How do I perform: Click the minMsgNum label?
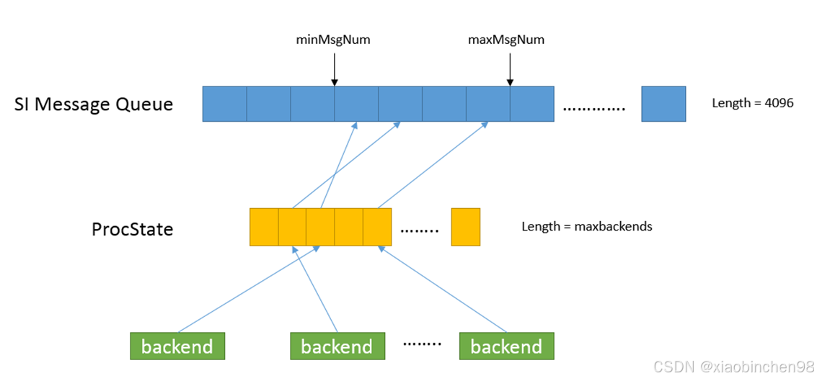coord(333,40)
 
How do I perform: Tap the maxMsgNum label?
coord(506,40)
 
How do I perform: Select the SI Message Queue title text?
coord(94,104)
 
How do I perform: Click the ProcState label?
coord(133,229)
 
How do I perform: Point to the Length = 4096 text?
coord(752,103)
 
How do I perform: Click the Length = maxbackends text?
coord(586,226)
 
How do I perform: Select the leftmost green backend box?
coord(177,346)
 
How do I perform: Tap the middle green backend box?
coord(337,346)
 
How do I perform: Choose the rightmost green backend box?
coord(506,346)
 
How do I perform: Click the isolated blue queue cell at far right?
coord(663,104)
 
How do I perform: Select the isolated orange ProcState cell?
coord(465,227)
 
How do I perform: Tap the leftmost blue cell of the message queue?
coord(224,104)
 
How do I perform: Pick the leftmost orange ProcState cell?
coord(264,227)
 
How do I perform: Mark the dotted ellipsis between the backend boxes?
coord(422,344)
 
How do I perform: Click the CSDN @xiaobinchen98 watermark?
coord(733,367)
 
